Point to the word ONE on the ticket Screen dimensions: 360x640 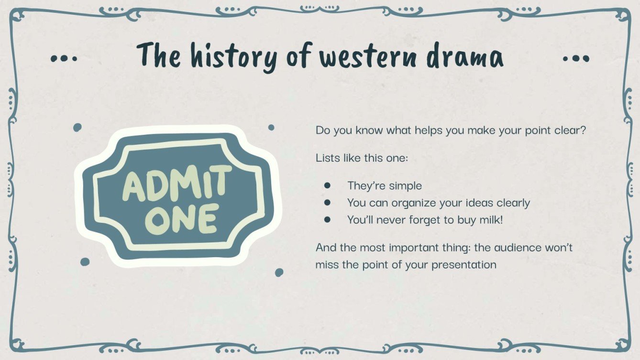point(182,218)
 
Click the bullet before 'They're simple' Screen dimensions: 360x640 point(328,185)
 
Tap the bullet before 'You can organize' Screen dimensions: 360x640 point(328,203)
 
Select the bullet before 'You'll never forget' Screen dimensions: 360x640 point(328,220)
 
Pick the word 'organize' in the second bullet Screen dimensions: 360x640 point(415,203)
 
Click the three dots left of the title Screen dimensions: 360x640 point(64,59)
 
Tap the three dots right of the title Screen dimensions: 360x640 point(576,59)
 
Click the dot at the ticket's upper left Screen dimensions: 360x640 point(77,127)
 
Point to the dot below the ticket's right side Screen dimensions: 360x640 point(279,272)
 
